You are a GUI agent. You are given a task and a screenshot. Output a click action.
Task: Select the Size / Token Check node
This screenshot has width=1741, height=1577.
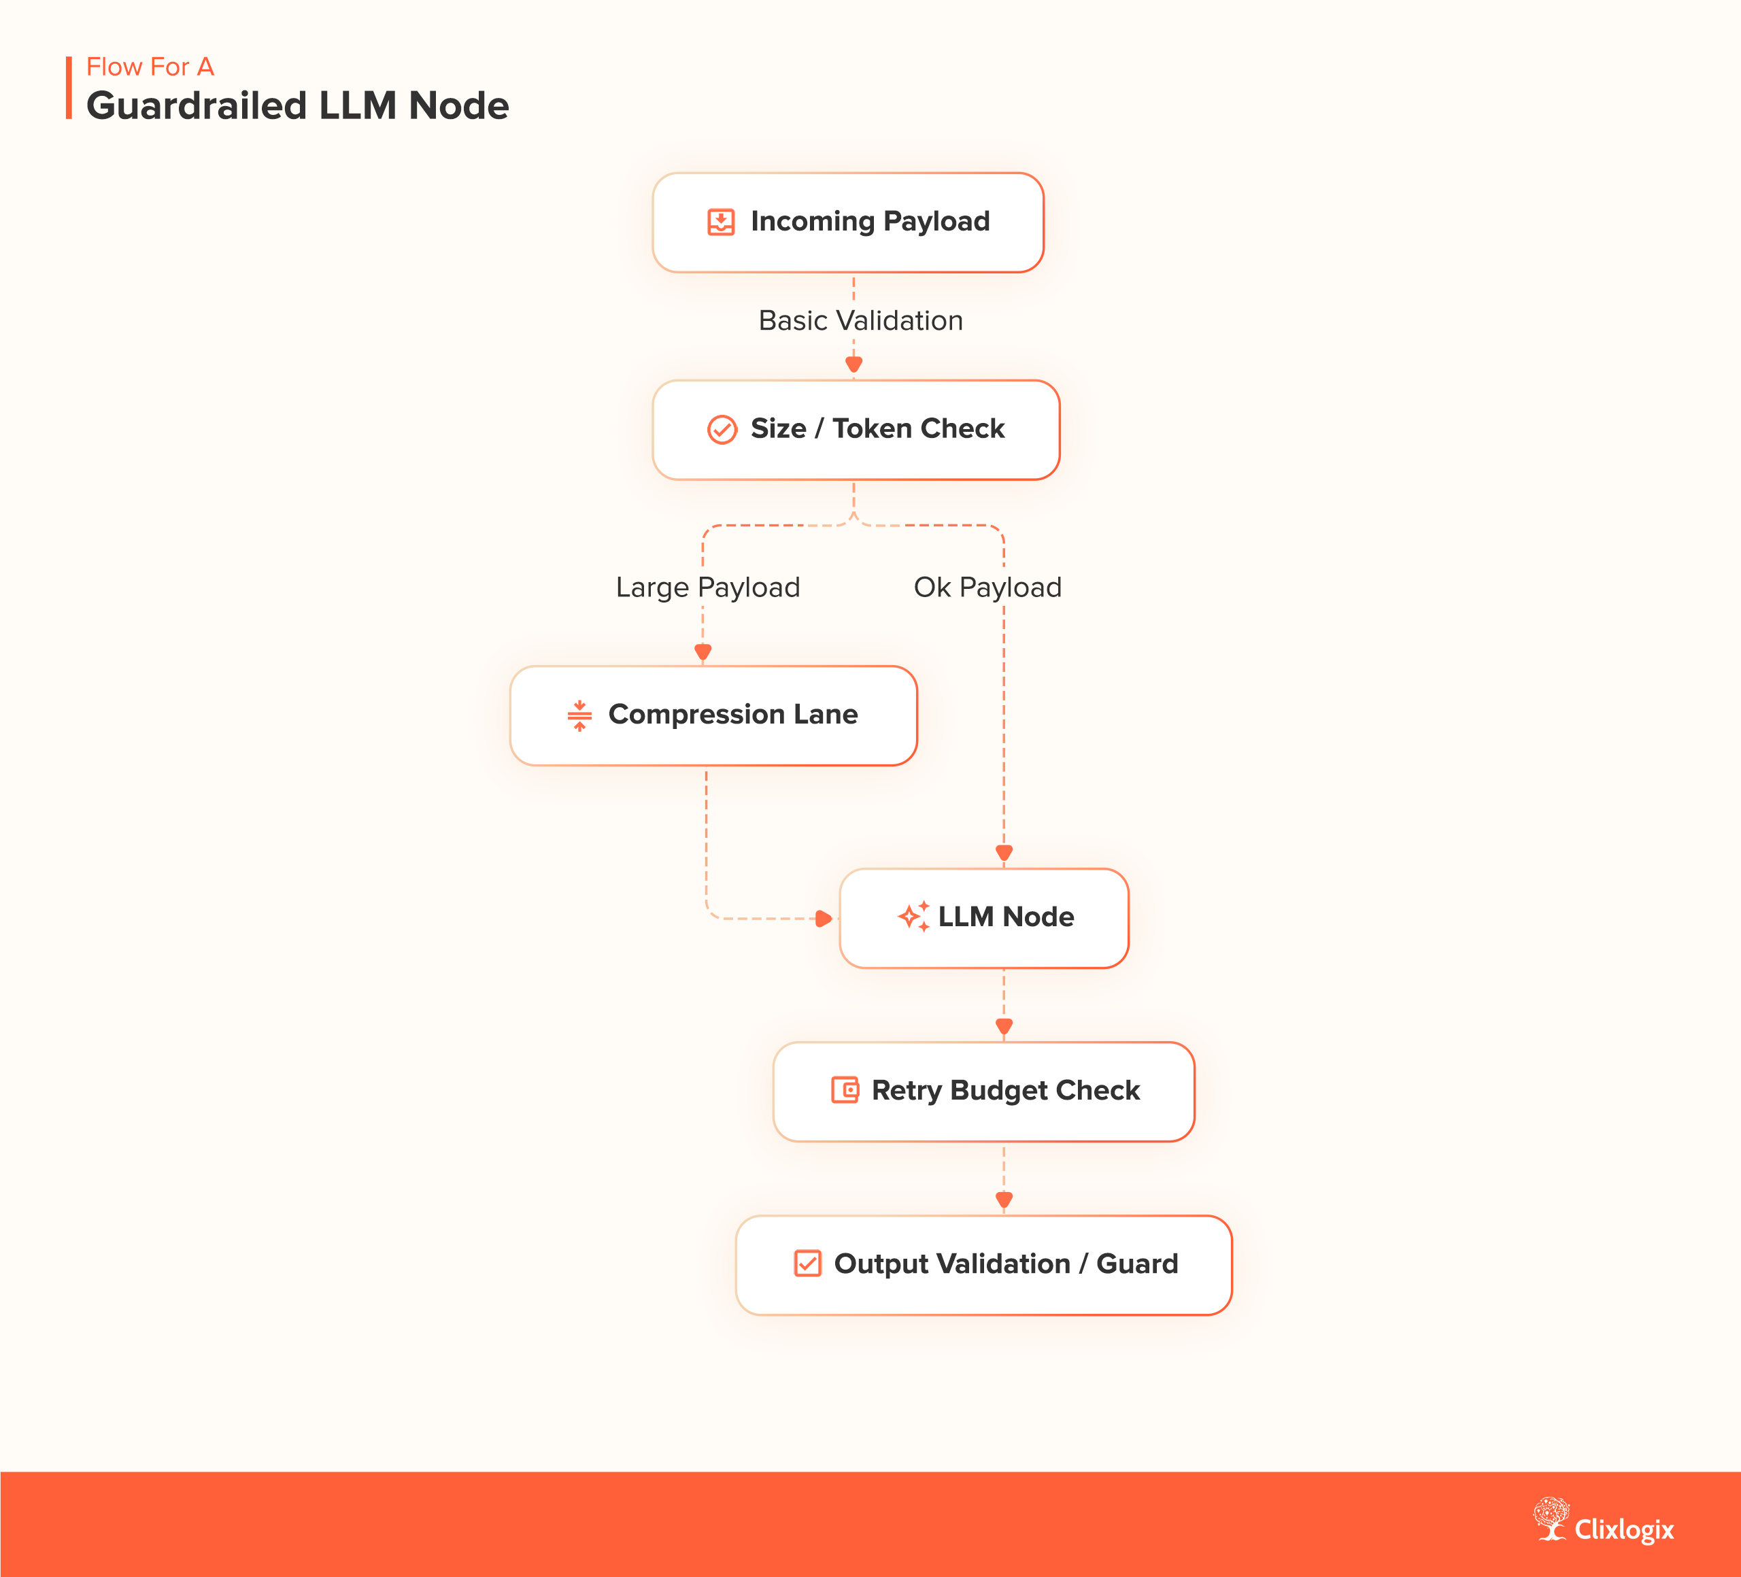856,430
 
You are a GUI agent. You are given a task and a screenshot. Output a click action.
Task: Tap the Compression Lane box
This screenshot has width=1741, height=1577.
713,716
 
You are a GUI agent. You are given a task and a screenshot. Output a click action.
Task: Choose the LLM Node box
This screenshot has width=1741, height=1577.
983,918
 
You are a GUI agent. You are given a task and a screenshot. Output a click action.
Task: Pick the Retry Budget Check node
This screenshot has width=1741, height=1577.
983,1091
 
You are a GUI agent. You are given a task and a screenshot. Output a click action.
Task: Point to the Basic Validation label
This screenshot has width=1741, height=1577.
860,320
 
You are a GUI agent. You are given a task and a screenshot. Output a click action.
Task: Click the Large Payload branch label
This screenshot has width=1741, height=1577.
707,588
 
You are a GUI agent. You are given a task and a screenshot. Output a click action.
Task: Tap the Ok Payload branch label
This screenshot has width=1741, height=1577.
987,588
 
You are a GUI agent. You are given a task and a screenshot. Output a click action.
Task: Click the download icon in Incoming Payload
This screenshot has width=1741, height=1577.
721,222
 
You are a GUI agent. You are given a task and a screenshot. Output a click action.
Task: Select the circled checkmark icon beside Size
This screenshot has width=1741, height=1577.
722,429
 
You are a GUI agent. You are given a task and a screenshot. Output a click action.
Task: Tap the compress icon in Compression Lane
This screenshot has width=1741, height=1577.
579,715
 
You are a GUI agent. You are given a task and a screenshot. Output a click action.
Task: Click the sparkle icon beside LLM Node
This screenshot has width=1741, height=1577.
913,916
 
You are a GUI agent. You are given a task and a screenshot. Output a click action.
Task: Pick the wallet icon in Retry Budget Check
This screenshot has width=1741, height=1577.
845,1090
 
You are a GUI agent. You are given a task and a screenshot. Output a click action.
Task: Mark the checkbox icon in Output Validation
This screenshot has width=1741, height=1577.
807,1264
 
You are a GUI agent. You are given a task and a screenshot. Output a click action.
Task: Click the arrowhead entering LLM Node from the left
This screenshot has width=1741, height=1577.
824,918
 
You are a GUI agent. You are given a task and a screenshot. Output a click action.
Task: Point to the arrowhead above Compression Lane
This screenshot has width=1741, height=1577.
703,652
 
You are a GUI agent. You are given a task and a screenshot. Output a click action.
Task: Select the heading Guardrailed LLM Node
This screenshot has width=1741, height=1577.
298,106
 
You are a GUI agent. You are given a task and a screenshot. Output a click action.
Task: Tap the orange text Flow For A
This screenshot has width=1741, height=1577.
150,67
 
